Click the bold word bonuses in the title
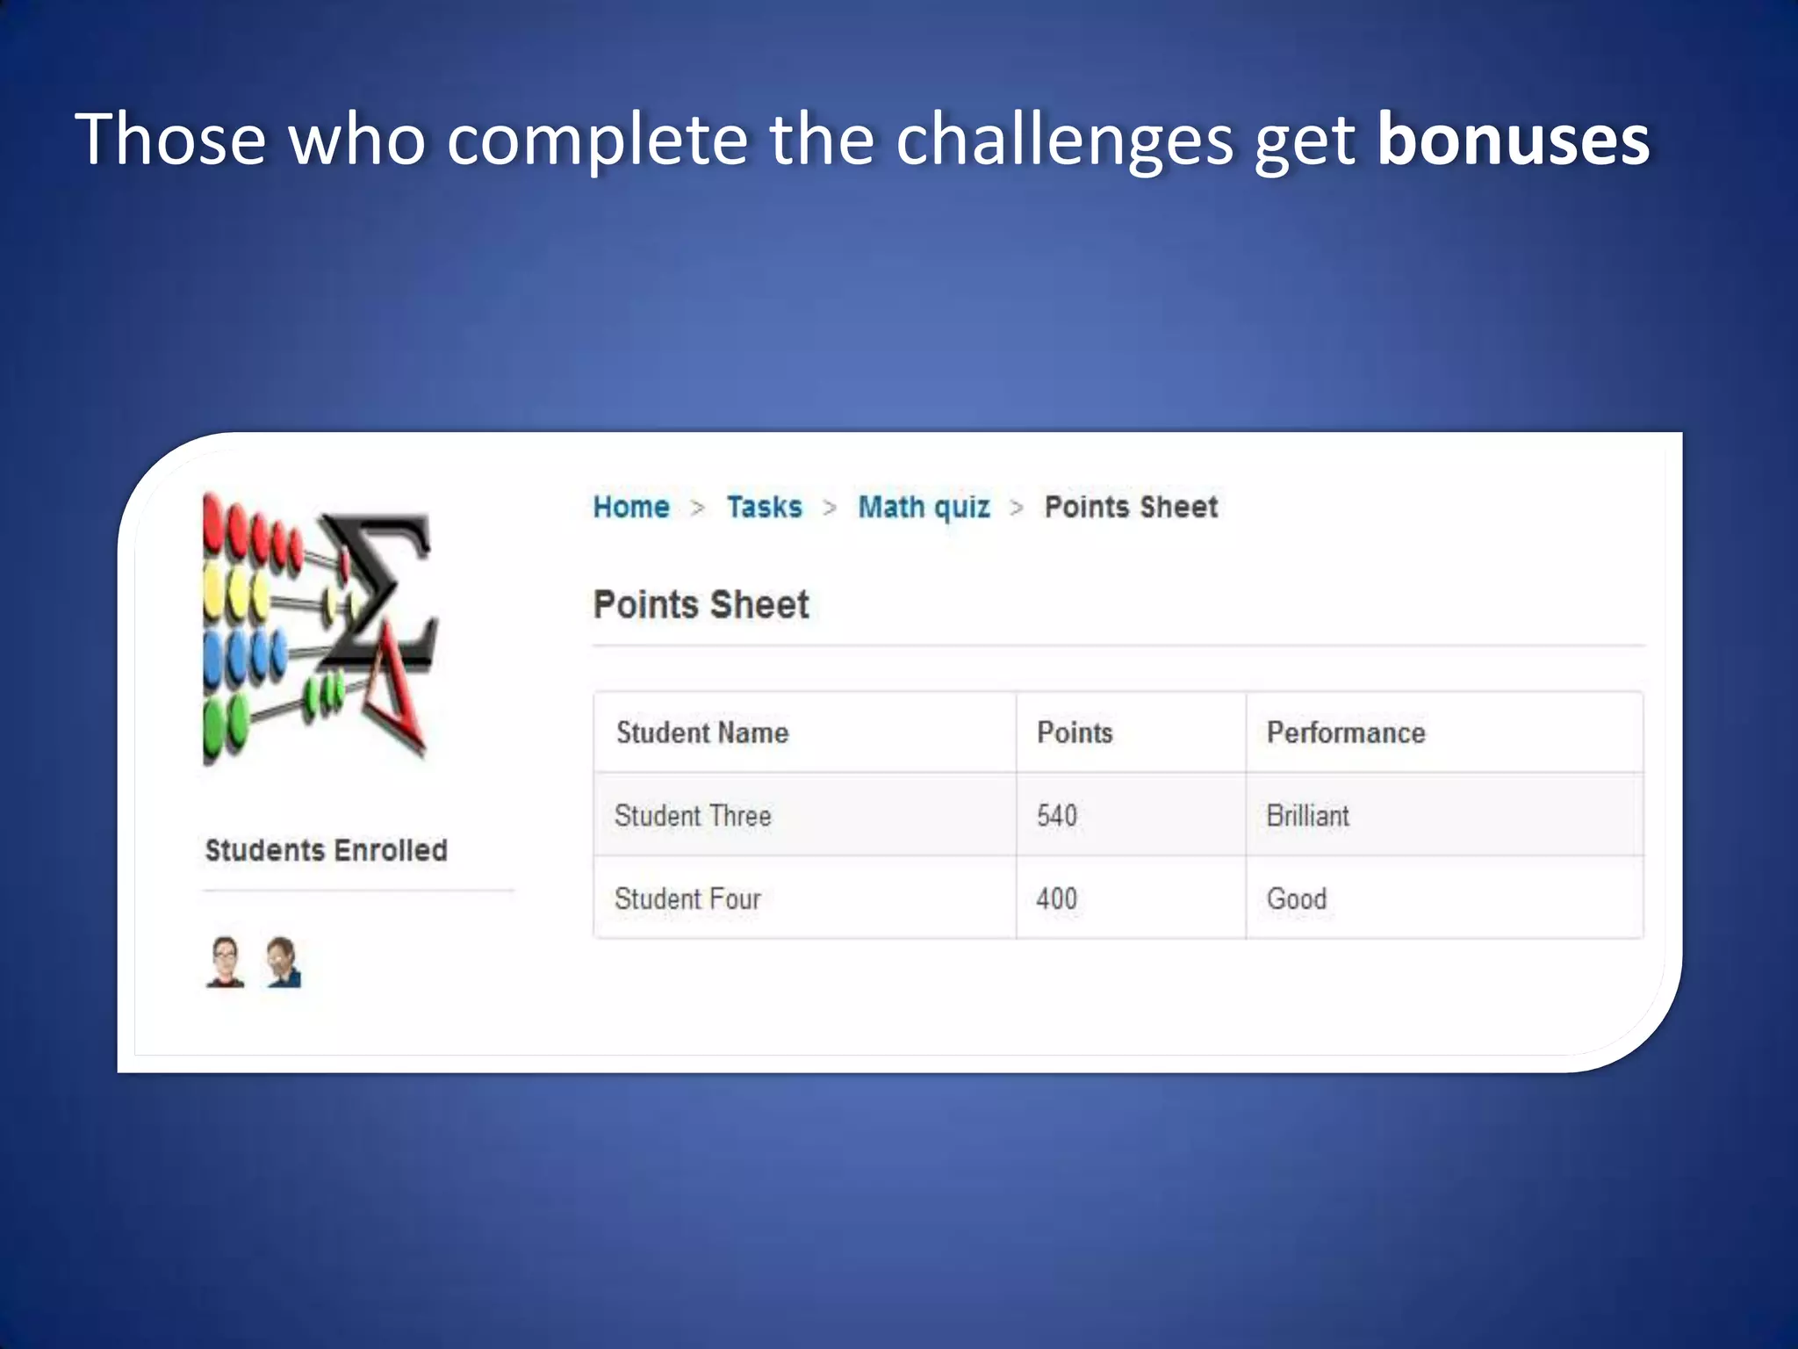point(1513,139)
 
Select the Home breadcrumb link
point(631,507)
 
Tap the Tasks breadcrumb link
point(764,507)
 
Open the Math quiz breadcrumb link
point(924,508)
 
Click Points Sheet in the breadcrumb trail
point(1131,507)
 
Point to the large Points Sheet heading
point(701,605)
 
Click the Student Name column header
point(702,732)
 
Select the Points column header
point(1075,732)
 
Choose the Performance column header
point(1345,732)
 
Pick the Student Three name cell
point(693,816)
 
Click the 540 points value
point(1056,816)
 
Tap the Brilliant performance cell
point(1307,816)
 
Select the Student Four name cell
point(687,898)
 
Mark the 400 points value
point(1056,898)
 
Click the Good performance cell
point(1296,898)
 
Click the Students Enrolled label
point(326,850)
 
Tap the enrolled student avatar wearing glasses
point(226,962)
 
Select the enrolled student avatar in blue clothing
point(284,963)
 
